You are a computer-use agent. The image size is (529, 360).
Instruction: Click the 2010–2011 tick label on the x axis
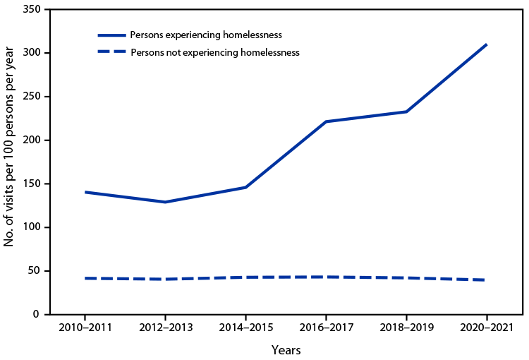click(x=85, y=329)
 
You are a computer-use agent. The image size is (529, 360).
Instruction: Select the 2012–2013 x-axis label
click(x=165, y=329)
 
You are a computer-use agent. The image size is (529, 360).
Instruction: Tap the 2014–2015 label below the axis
click(x=245, y=329)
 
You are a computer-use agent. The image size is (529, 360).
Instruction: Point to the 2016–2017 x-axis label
click(x=326, y=329)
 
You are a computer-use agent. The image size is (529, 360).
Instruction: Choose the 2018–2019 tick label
click(x=406, y=329)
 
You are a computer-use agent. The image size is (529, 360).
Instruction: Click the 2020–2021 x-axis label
click(x=487, y=329)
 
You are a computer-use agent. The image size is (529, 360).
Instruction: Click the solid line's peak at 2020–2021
click(x=487, y=44)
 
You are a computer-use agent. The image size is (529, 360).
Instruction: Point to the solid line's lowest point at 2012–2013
click(x=165, y=202)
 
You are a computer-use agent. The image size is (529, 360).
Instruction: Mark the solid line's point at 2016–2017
click(x=326, y=121)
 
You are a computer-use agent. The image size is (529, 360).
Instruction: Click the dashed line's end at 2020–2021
click(x=487, y=280)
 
